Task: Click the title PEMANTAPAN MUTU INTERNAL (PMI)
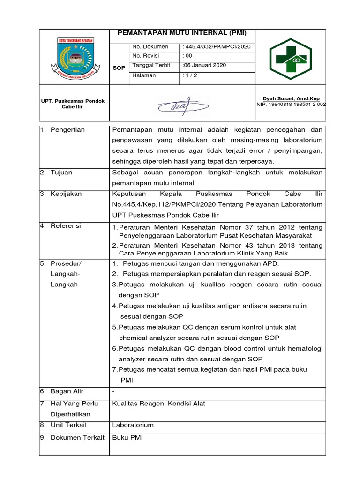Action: pyautogui.click(x=181, y=33)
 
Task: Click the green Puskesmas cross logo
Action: pyautogui.click(x=290, y=59)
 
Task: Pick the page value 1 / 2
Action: pyautogui.click(x=189, y=75)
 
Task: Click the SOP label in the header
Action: pyautogui.click(x=119, y=68)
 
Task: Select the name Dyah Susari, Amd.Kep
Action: pyautogui.click(x=291, y=98)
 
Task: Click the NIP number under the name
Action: pyautogui.click(x=291, y=105)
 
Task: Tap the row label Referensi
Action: pyautogui.click(x=66, y=226)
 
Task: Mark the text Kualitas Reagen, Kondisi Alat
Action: pyautogui.click(x=158, y=404)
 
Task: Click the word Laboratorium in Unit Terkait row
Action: pyautogui.click(x=133, y=425)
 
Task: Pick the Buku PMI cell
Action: pyautogui.click(x=127, y=438)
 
